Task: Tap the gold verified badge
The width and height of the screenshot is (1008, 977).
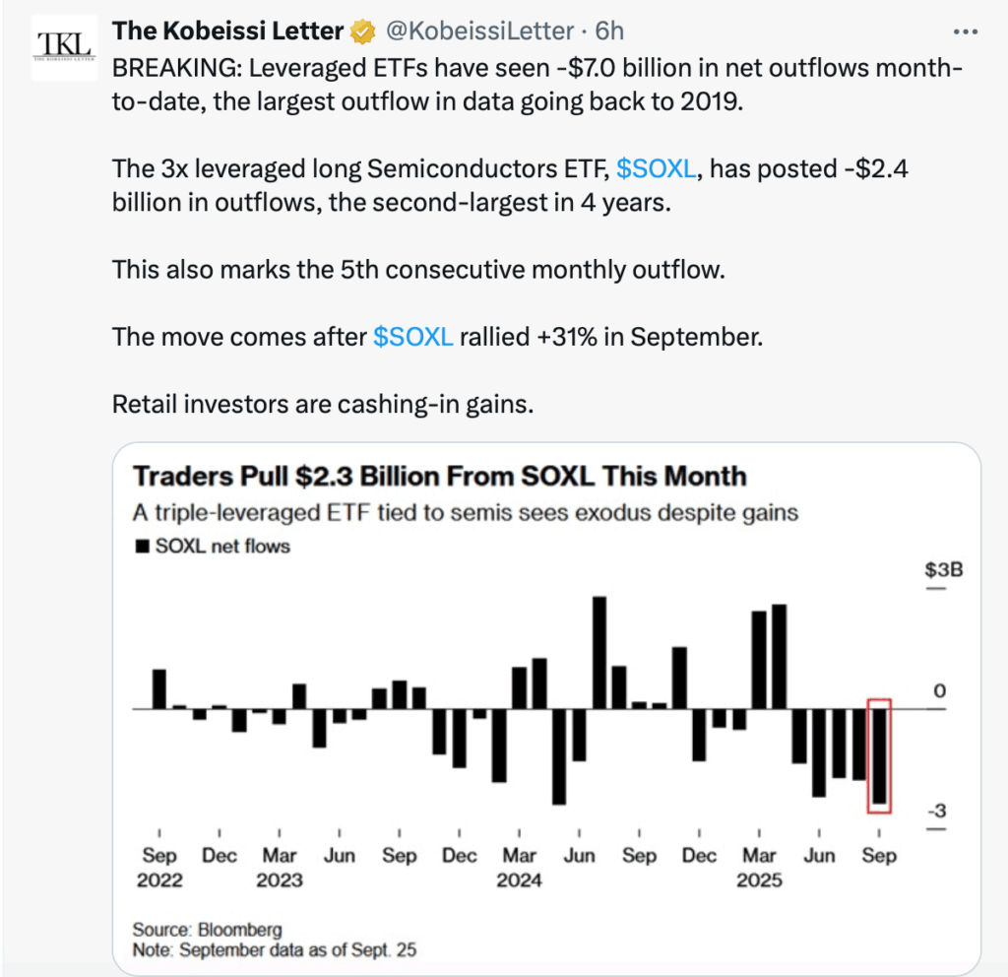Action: click(x=363, y=32)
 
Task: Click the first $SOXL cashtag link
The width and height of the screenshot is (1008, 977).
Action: click(x=658, y=169)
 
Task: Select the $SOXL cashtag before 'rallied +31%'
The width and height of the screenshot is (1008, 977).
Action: click(x=413, y=336)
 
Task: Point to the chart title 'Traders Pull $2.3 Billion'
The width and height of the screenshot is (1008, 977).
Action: click(x=439, y=477)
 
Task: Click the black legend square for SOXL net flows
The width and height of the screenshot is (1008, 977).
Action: click(x=142, y=545)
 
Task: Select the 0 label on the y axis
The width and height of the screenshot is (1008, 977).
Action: click(x=938, y=690)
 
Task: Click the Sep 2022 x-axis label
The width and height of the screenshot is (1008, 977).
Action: click(x=159, y=867)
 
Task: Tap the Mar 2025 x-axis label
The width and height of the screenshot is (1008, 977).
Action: click(x=759, y=867)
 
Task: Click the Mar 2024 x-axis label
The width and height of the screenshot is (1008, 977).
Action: click(x=519, y=867)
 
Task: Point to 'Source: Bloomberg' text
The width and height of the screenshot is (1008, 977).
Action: click(x=208, y=930)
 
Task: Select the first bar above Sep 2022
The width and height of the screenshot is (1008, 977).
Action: click(x=158, y=688)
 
